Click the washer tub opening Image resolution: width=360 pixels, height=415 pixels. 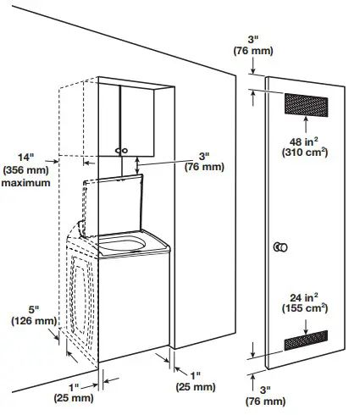tap(123, 246)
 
